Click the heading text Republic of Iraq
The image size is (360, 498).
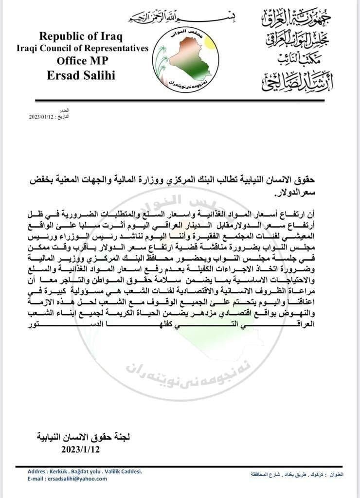click(x=81, y=36)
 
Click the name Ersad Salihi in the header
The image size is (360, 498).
click(x=81, y=74)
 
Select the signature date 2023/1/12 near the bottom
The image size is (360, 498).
click(x=81, y=449)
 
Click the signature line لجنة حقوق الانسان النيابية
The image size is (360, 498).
click(x=83, y=437)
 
